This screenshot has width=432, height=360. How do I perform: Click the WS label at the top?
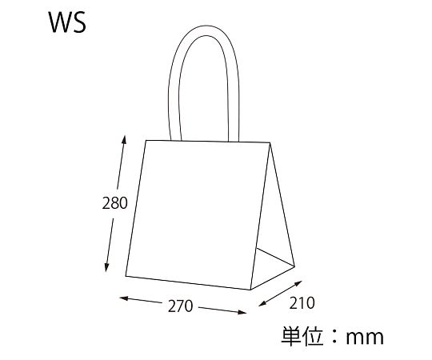[67, 22]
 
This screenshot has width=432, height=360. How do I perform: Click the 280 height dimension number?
[114, 203]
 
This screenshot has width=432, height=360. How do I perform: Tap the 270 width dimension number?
[181, 306]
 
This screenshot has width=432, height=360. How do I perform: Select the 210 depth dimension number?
[302, 303]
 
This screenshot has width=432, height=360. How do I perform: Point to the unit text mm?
[365, 337]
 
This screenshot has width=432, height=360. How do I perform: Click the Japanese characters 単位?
[302, 336]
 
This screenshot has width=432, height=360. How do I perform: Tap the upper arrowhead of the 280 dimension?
[124, 139]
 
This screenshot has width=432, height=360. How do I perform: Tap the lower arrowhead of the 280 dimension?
[106, 267]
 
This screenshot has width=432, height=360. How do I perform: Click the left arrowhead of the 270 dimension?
[124, 298]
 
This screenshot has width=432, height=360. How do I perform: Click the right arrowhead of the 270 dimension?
[242, 312]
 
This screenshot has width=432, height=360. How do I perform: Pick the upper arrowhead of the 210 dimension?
[298, 283]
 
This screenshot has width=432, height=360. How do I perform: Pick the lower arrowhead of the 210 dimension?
[262, 304]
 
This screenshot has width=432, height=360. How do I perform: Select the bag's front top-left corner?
[146, 141]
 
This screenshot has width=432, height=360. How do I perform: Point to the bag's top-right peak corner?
[270, 142]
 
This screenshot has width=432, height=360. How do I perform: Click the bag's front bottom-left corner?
[126, 276]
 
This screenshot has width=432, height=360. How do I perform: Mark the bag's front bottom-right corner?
[250, 290]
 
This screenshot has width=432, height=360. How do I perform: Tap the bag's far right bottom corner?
[294, 266]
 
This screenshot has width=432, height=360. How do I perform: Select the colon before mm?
[334, 337]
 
